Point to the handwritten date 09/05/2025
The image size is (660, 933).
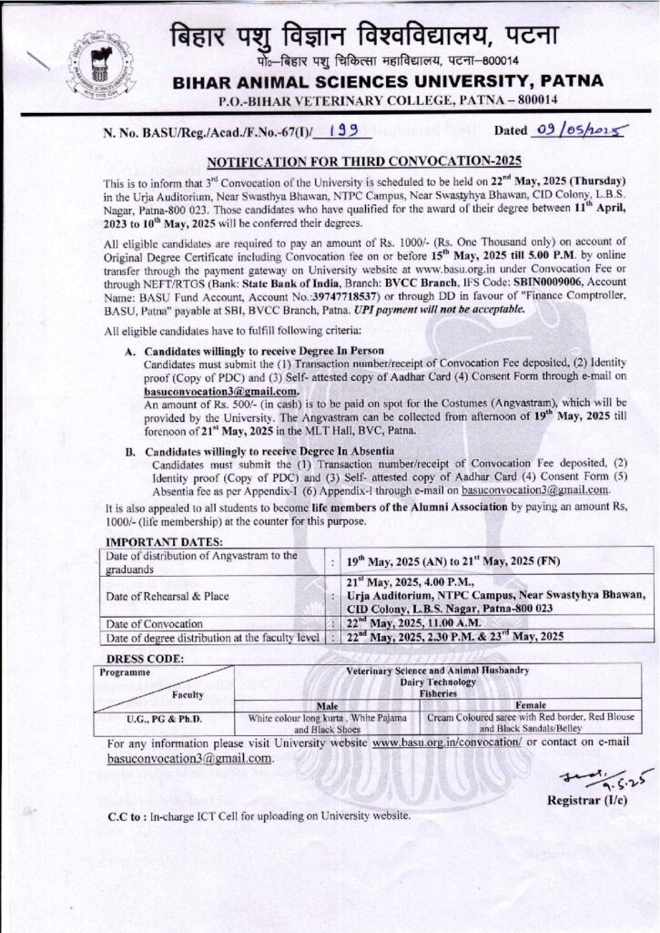coord(571,132)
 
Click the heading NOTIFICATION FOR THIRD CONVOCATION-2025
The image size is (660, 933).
coord(360,162)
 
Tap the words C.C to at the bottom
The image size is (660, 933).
coord(123,815)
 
